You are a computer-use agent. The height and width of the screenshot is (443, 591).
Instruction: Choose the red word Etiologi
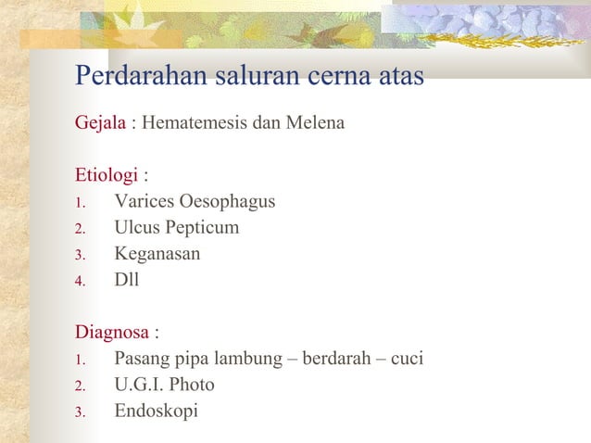tap(107, 174)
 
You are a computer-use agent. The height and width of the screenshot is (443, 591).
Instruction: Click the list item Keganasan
tap(157, 253)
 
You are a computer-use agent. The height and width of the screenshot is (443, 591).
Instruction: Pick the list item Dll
tap(126, 279)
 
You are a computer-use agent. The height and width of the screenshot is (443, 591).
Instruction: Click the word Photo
tap(192, 384)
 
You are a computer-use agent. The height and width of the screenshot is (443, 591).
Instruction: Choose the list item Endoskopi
tap(156, 410)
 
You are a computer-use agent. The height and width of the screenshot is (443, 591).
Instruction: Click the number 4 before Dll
tap(80, 280)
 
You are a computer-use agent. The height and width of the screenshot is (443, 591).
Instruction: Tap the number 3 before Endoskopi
tap(80, 411)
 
